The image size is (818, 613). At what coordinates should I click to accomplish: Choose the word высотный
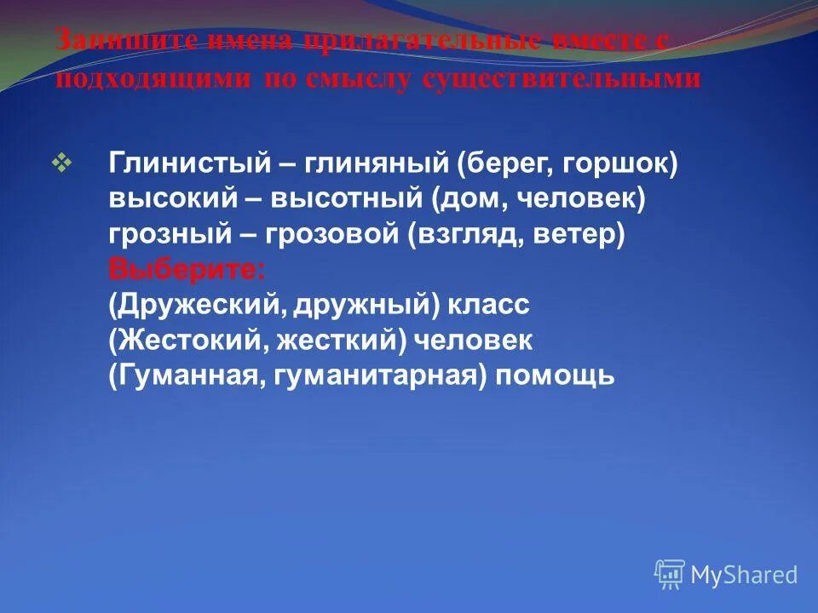[346, 199]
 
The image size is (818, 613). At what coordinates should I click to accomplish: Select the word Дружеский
[191, 305]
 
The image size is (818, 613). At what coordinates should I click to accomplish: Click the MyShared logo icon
[670, 574]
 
